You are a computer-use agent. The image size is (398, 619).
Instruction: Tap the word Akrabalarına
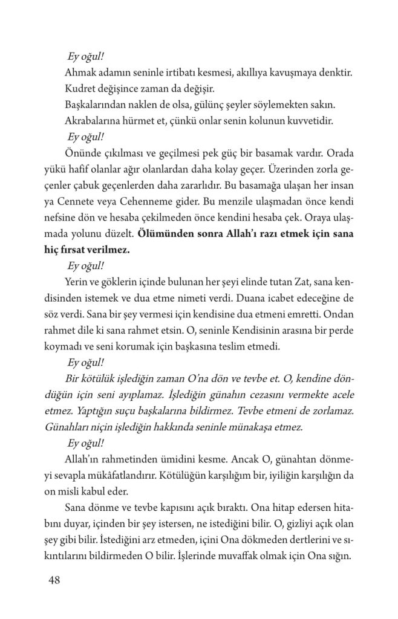(x=93, y=121)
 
